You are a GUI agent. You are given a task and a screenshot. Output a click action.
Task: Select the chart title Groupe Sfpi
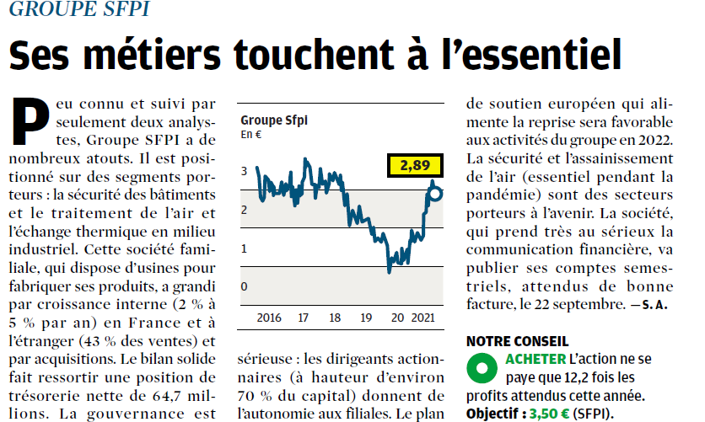[274, 120]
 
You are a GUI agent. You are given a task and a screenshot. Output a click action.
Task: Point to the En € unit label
[252, 134]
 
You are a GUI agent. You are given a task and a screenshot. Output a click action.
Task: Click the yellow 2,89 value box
[415, 165]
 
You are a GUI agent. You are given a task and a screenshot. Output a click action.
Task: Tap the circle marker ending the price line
[435, 194]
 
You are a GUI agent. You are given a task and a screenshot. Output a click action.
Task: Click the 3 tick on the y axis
[245, 171]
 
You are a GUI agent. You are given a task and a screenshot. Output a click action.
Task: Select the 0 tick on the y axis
[245, 287]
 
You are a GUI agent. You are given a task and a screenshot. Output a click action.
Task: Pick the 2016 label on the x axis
[268, 318]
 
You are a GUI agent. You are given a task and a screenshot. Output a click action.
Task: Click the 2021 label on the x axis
[423, 318]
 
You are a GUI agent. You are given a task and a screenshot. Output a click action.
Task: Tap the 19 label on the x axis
[366, 318]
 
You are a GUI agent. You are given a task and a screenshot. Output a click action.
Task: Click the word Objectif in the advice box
[495, 414]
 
